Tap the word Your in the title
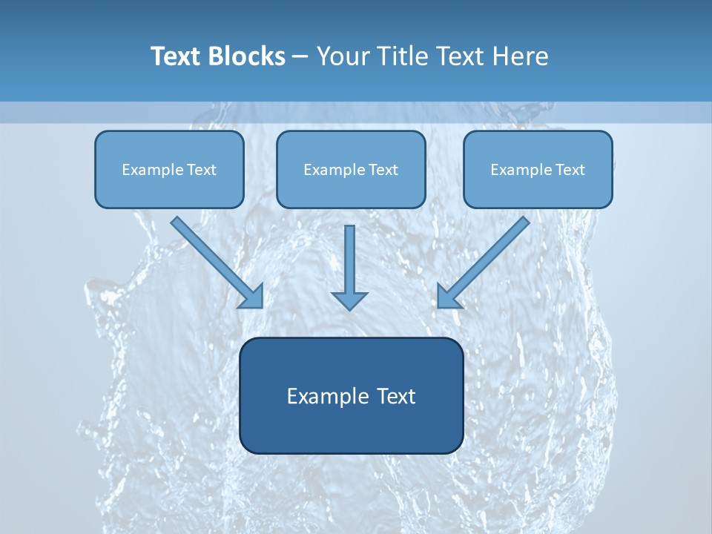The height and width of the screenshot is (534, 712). (343, 56)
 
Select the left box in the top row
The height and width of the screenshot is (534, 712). (169, 169)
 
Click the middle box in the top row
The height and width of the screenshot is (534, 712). (351, 169)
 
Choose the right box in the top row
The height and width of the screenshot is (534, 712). (538, 169)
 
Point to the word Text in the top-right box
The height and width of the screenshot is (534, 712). (570, 170)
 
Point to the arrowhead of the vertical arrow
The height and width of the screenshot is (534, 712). (349, 300)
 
